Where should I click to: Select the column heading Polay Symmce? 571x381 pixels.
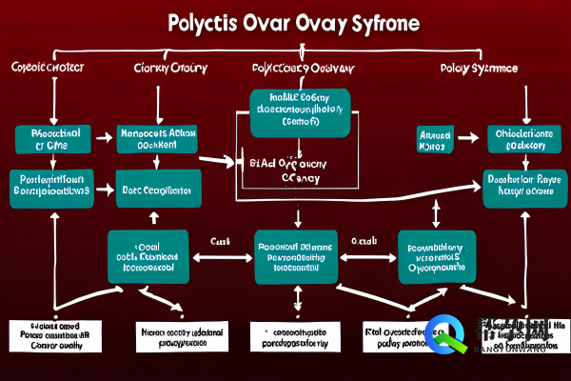[480, 70]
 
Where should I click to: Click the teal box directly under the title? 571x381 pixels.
[301, 113]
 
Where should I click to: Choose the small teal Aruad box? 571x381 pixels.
[435, 140]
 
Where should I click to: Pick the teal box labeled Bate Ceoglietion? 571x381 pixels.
[158, 189]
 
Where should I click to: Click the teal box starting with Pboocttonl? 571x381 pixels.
[47, 139]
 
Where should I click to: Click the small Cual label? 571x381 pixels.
[221, 241]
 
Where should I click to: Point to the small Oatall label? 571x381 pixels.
[363, 241]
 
